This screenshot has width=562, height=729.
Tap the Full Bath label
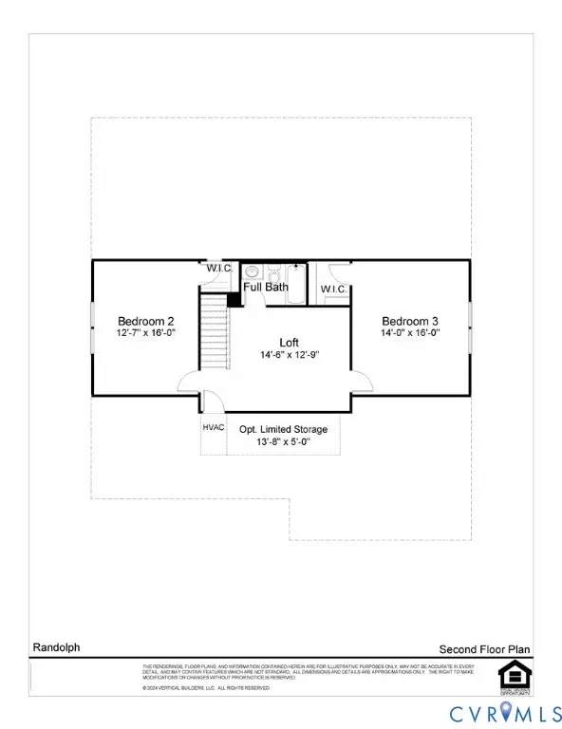coord(265,287)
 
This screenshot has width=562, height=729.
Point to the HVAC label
coord(214,427)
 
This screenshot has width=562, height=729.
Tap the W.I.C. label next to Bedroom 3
coord(333,289)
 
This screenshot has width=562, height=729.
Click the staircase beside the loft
coord(215,332)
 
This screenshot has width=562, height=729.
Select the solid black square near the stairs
coord(234,299)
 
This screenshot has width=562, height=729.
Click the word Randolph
coord(54,648)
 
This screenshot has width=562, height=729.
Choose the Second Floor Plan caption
coord(483,649)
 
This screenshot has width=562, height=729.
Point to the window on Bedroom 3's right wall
coord(469,327)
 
